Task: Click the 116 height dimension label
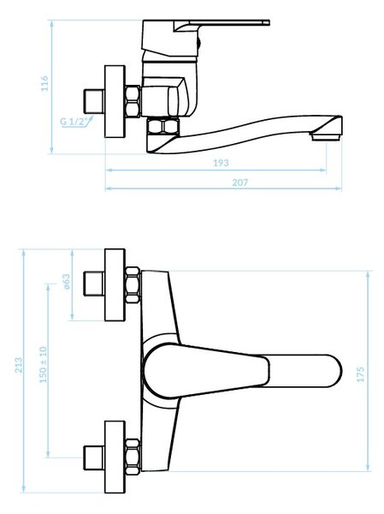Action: [44, 84]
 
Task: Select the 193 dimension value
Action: [221, 163]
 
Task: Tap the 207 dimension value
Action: [240, 182]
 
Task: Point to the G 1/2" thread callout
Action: [74, 122]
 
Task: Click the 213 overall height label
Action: [19, 365]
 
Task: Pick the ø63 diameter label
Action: [66, 282]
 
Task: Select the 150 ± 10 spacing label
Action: [44, 365]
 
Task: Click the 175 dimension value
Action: [360, 374]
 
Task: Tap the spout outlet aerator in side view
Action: [327, 136]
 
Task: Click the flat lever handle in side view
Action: [222, 24]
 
